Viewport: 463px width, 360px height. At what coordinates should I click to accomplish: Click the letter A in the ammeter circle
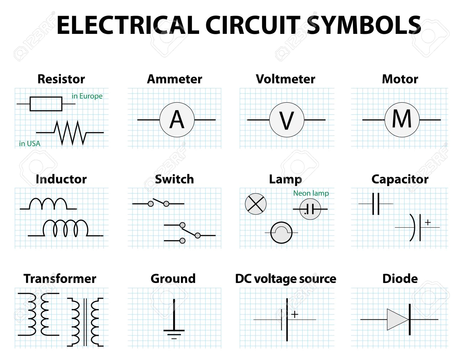(x=177, y=120)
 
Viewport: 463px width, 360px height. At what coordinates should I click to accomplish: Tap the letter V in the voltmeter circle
(x=287, y=120)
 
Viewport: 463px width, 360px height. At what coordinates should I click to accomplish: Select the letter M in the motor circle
(x=402, y=119)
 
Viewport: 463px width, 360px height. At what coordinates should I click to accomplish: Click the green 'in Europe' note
(x=87, y=96)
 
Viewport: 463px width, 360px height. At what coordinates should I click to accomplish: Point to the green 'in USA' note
(x=30, y=144)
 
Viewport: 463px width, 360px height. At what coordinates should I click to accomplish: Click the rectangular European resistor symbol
(x=46, y=104)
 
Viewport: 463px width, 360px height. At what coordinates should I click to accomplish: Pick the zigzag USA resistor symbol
(x=70, y=133)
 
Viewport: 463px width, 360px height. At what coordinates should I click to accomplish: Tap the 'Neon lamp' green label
(x=311, y=193)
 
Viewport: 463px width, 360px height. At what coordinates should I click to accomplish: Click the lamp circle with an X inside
(x=256, y=204)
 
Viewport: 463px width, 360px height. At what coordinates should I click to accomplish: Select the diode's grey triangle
(x=397, y=319)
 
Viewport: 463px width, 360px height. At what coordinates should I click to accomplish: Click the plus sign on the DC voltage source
(x=295, y=314)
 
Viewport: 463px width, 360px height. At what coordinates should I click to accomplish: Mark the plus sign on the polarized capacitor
(x=428, y=222)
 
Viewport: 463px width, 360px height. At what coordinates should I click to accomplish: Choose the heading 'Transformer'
(x=60, y=278)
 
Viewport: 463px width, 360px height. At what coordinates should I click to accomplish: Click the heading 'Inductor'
(x=61, y=179)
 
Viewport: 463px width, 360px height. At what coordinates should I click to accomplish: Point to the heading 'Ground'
(x=173, y=278)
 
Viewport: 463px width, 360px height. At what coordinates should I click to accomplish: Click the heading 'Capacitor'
(x=400, y=179)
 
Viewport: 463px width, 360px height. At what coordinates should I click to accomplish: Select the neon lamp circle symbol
(x=310, y=209)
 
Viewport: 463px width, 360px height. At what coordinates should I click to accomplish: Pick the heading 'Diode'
(x=400, y=278)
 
